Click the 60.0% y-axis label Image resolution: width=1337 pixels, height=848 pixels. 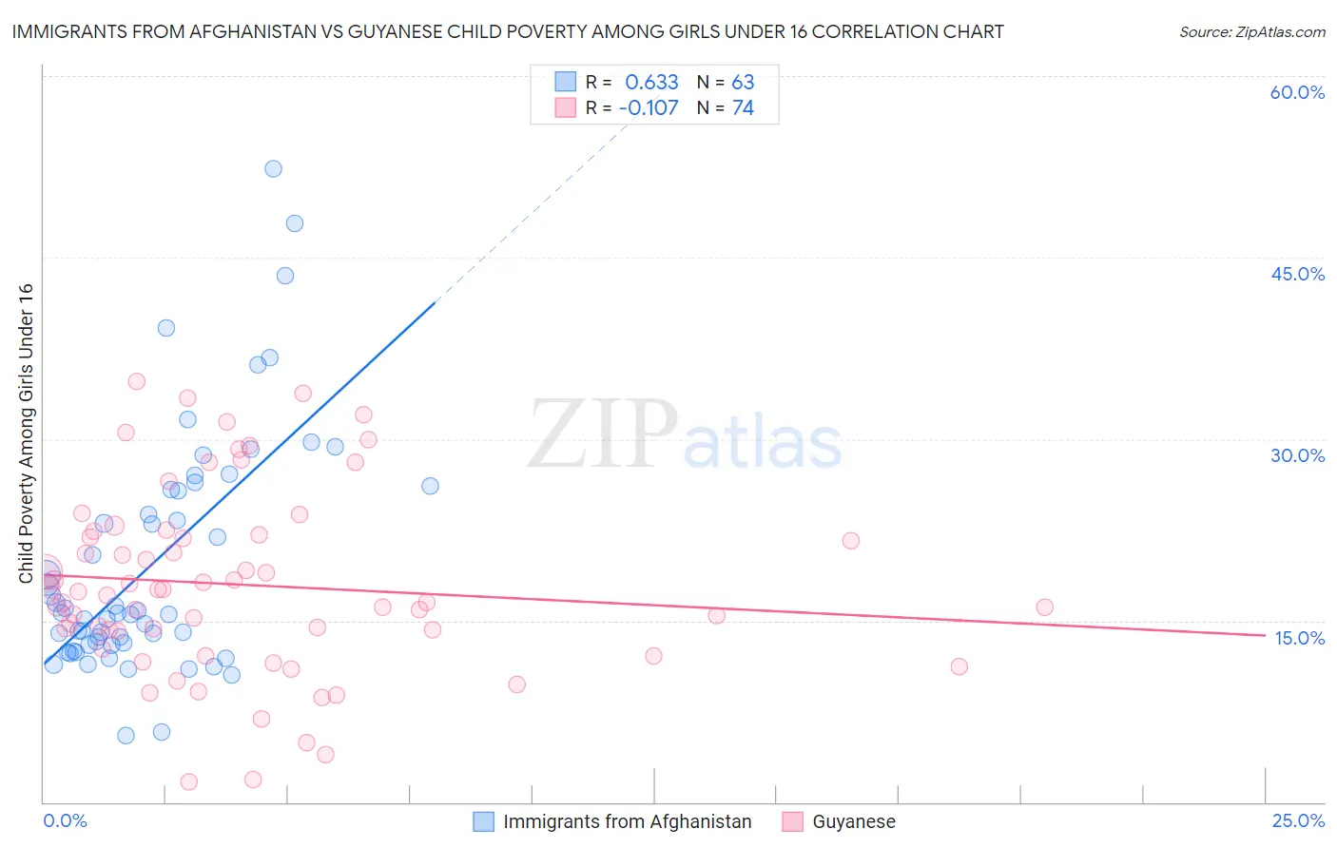pyautogui.click(x=1297, y=92)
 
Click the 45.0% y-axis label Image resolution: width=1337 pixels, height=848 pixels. pyautogui.click(x=1297, y=274)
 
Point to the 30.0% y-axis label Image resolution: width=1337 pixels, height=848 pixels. pyautogui.click(x=1297, y=455)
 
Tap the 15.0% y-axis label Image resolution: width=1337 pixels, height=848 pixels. pyautogui.click(x=1299, y=638)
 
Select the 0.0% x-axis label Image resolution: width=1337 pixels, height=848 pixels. pyautogui.click(x=65, y=820)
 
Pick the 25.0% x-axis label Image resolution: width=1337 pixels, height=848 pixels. pyautogui.click(x=1298, y=820)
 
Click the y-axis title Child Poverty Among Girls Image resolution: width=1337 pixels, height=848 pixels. pyautogui.click(x=26, y=434)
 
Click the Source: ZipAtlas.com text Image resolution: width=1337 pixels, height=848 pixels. pyautogui.click(x=1251, y=32)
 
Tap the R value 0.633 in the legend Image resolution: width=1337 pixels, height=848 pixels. pyautogui.click(x=651, y=83)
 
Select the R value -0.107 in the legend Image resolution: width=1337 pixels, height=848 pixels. pyautogui.click(x=649, y=108)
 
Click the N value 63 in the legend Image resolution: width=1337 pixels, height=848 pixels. pyautogui.click(x=743, y=83)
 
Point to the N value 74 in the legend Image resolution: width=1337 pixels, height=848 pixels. pyautogui.click(x=743, y=108)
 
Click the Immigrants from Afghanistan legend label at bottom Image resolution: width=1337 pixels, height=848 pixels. pyautogui.click(x=627, y=821)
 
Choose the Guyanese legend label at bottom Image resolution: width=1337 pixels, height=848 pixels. pyautogui.click(x=853, y=821)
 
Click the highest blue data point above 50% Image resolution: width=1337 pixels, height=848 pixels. pyautogui.click(x=273, y=168)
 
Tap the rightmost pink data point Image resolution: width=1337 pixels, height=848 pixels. pyautogui.click(x=1044, y=607)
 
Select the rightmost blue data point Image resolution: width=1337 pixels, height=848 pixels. pyautogui.click(x=430, y=486)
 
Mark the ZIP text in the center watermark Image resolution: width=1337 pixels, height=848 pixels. pyautogui.click(x=603, y=434)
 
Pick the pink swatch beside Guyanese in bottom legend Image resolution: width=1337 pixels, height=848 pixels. pyautogui.click(x=792, y=821)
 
